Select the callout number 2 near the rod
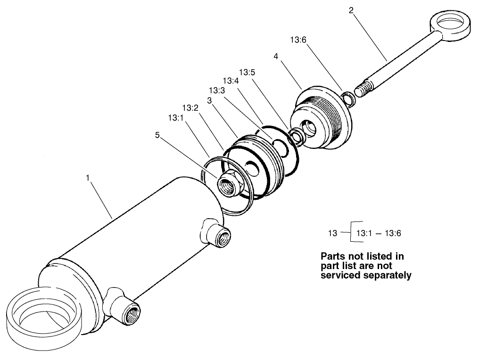pos(351,10)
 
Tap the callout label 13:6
pos(298,41)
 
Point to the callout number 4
pos(275,56)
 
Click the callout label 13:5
pos(247,73)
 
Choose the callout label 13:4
pos(231,81)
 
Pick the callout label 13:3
pos(216,90)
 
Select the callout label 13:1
pos(175,117)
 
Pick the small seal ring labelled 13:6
pos(349,98)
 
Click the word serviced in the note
pos(344,276)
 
